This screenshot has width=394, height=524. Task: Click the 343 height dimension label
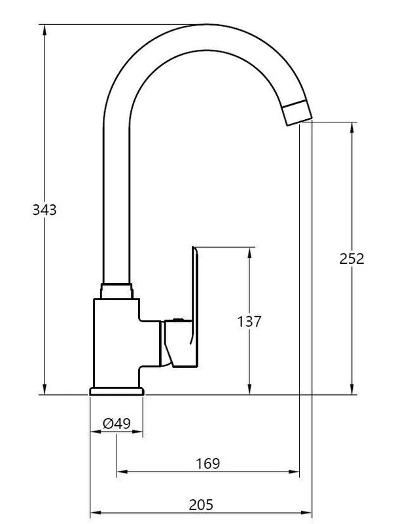[x=45, y=210]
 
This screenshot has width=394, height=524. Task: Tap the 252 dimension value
[x=351, y=259]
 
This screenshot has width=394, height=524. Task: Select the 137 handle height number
[x=249, y=322]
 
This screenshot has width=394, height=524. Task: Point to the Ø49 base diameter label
[x=116, y=424]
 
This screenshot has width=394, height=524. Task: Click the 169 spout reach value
[x=207, y=464]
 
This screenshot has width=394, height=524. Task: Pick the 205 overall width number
[x=201, y=504]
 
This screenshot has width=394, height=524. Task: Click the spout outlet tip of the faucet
[x=297, y=113]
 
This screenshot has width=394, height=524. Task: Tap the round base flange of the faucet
[x=116, y=391]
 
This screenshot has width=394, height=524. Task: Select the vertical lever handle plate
[x=195, y=307]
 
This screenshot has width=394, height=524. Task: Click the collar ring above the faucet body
[x=116, y=291]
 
